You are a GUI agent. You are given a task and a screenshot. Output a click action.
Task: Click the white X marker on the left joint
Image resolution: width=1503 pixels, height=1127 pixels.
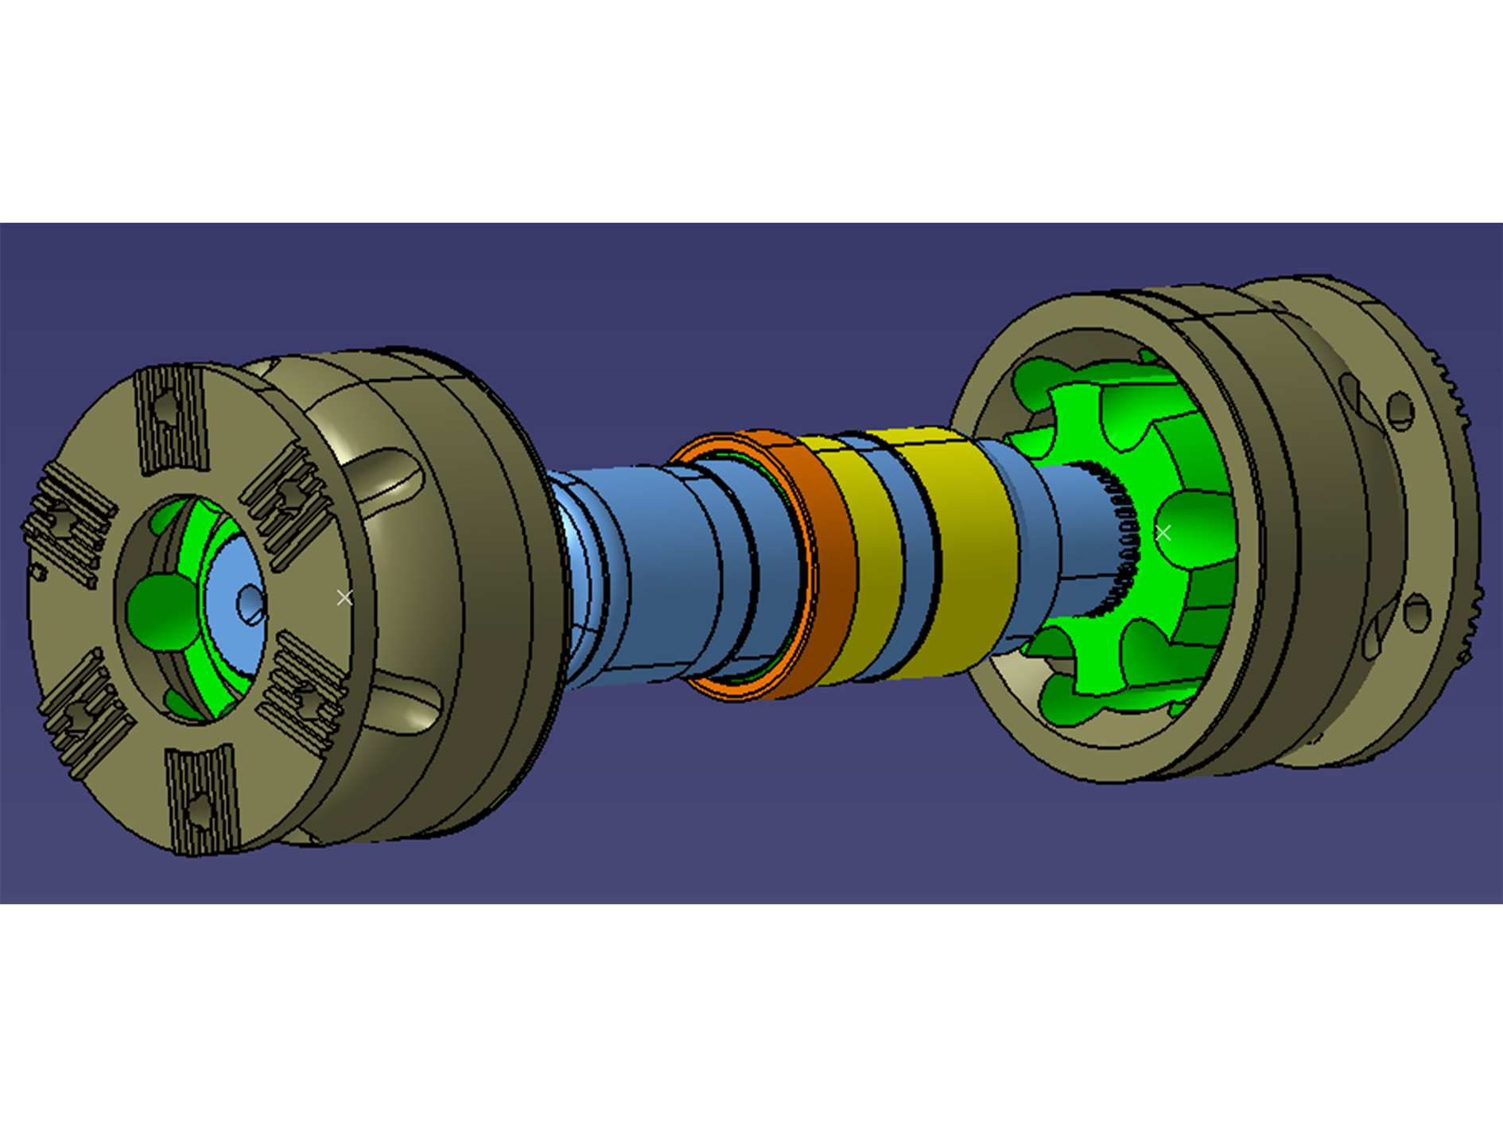pos(344,597)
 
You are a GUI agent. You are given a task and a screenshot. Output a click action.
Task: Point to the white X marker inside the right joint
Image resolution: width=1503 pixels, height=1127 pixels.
pos(1163,533)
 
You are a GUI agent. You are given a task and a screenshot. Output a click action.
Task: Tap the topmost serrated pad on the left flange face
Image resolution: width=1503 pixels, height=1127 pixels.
pos(170,419)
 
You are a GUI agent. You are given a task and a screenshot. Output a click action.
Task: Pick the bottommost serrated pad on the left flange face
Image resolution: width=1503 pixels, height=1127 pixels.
pos(201,799)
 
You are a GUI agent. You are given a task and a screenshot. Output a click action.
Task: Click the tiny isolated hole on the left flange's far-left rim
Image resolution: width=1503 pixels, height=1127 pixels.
pos(37,572)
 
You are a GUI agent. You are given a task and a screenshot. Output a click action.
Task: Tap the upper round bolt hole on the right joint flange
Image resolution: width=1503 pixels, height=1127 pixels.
pos(1400,410)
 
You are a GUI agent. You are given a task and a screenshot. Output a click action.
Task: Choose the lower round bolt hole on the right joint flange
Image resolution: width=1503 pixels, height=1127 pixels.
pos(1417,613)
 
